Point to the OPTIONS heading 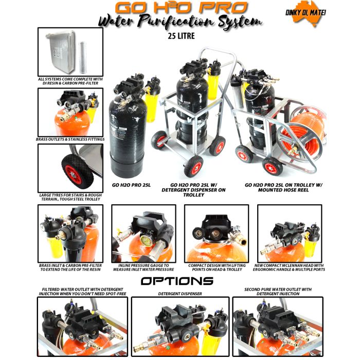[x=177, y=281]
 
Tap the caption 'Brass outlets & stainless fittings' [x=70, y=139]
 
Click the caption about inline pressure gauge [x=143, y=267]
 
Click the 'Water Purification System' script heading [x=180, y=23]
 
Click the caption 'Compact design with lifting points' [x=217, y=267]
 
